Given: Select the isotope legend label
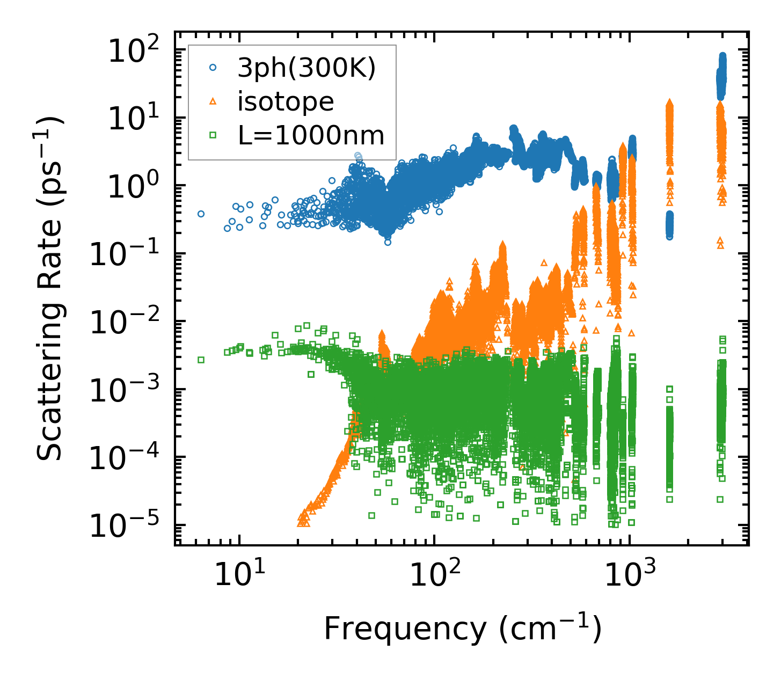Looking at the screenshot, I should (286, 102).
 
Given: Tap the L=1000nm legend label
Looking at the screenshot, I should (311, 136).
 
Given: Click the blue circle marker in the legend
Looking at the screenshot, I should (213, 68).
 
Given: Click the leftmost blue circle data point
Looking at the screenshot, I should (201, 214).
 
